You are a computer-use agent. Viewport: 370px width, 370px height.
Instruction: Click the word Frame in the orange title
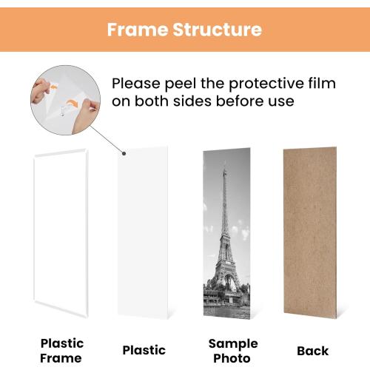132,30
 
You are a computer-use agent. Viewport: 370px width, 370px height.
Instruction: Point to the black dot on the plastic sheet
124,154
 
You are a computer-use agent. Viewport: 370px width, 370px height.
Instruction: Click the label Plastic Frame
61,349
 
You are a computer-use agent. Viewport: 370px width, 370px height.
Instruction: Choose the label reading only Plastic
144,350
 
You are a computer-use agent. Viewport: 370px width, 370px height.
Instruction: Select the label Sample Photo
233,349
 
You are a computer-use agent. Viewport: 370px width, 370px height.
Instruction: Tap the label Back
312,350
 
